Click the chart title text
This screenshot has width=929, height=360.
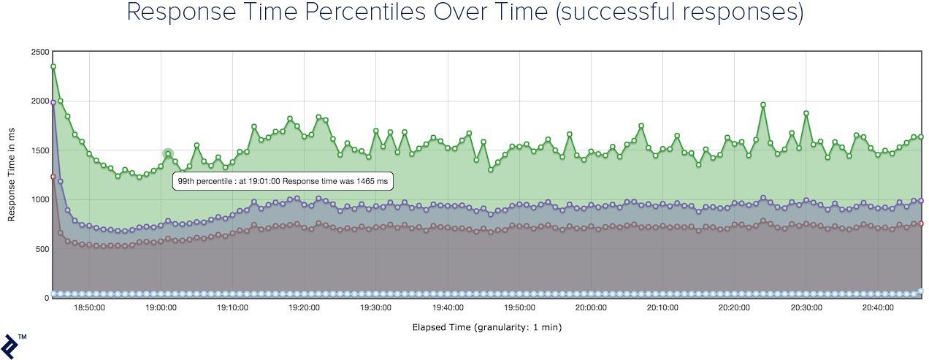464,12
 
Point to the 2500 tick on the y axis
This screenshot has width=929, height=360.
39,52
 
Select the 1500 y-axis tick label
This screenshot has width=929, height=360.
39,150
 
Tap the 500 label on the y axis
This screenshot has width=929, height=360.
42,249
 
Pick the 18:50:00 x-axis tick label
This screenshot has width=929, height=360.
89,307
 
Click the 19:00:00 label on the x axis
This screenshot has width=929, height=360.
161,307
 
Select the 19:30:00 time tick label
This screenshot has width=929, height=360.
375,307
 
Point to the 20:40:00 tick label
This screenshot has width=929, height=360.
877,307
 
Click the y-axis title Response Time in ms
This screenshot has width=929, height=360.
12,174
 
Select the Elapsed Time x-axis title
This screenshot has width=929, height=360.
486,327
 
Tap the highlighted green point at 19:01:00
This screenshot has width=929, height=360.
168,154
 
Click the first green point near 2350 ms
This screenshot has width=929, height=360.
53,66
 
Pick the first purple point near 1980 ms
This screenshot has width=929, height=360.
53,103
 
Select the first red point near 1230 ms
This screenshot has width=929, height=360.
53,177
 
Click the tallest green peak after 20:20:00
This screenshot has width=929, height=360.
763,104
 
